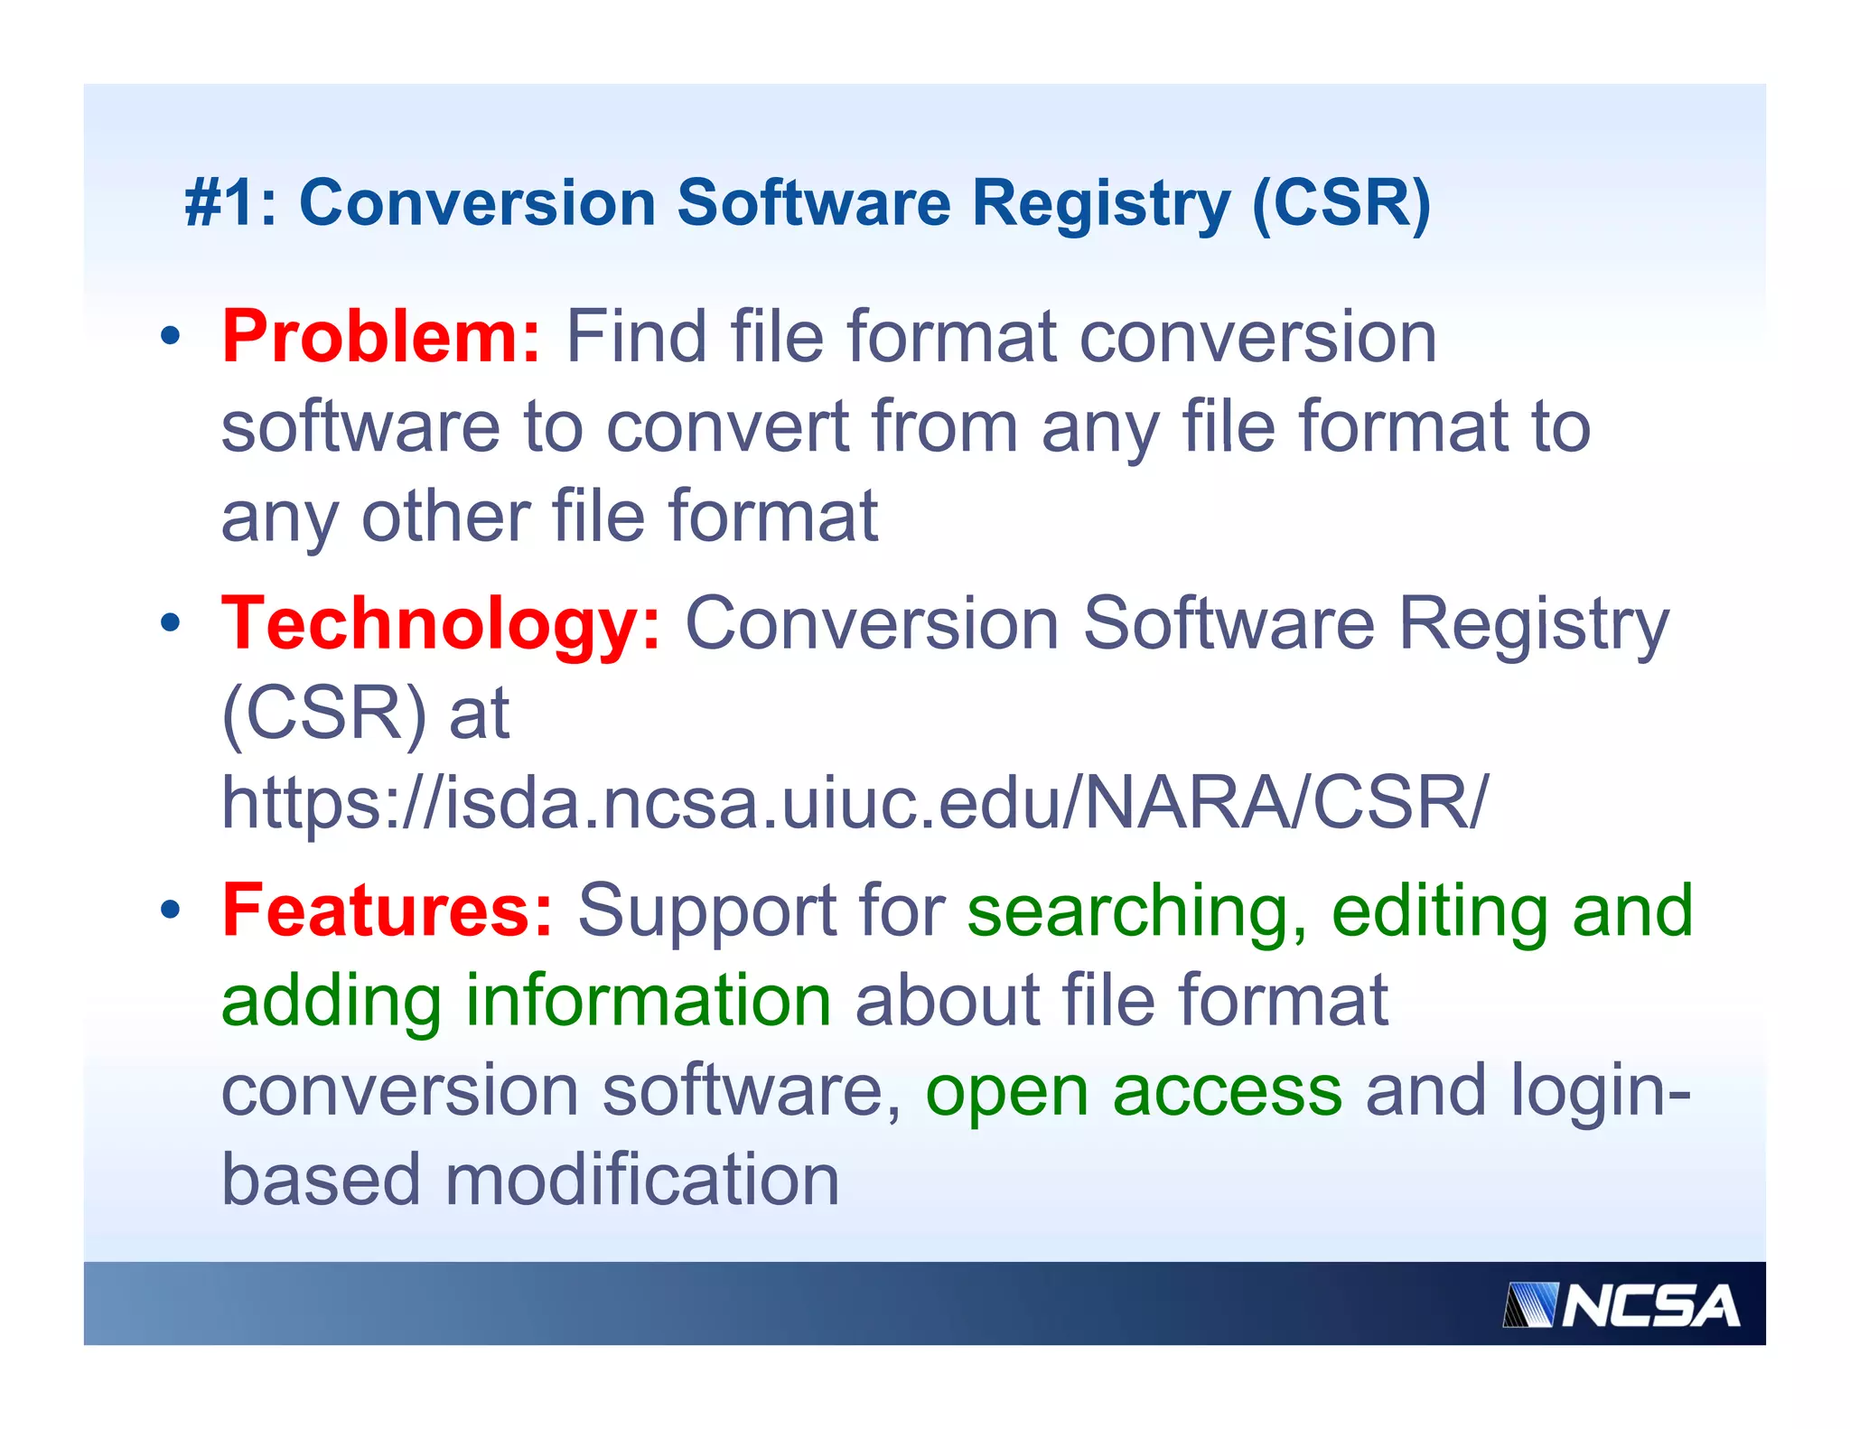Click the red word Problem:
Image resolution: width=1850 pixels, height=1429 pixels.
click(x=380, y=337)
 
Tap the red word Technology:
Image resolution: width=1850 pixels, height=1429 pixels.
click(x=441, y=624)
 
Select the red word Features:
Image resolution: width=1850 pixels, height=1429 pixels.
click(x=387, y=911)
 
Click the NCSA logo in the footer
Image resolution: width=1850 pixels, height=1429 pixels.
click(x=1621, y=1305)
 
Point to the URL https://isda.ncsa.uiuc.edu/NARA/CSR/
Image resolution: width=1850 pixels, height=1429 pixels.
click(x=854, y=802)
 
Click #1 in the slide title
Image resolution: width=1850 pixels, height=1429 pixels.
click(x=221, y=203)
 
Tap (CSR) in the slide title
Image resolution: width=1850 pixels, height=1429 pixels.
click(x=1341, y=203)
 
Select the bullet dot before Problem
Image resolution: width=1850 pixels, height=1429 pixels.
click(x=170, y=337)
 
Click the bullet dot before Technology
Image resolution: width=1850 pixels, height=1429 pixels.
click(x=170, y=623)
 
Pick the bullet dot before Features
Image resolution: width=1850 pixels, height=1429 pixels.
click(x=170, y=910)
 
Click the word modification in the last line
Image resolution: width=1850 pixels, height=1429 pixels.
click(x=641, y=1180)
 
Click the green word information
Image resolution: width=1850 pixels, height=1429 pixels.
click(x=648, y=1001)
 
